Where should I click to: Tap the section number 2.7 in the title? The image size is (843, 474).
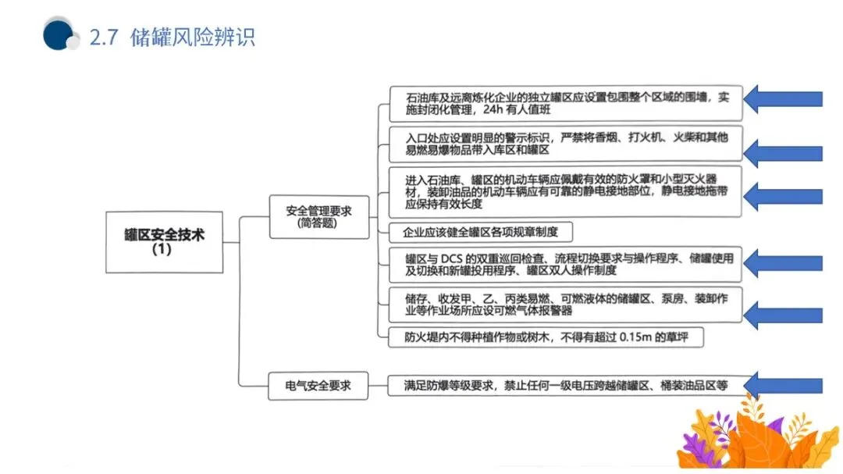(104, 37)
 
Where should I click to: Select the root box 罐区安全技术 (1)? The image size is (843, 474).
(164, 241)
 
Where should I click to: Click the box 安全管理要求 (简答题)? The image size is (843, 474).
(318, 216)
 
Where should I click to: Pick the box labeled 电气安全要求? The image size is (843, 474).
(318, 385)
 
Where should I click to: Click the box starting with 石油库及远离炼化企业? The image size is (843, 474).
(566, 104)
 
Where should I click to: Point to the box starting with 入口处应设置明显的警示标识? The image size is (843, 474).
(566, 144)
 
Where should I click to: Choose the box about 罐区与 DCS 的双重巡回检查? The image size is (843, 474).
(566, 264)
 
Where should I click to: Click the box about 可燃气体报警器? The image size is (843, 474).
(566, 305)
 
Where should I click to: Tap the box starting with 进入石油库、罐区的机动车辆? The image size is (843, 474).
(566, 191)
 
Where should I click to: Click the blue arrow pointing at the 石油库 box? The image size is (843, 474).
(783, 98)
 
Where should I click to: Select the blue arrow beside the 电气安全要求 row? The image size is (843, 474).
(783, 385)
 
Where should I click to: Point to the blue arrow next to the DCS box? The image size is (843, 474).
(783, 264)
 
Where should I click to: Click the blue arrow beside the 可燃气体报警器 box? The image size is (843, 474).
(783, 315)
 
